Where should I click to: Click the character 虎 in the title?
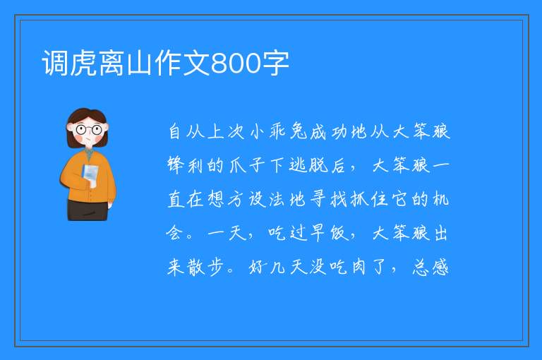83,63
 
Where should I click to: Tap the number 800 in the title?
236,64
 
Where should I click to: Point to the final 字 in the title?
275,63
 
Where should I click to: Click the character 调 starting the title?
55,63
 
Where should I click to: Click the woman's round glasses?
88,130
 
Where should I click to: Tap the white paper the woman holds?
90,175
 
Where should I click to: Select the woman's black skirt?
88,210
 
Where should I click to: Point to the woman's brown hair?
86,125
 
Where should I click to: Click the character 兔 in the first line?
298,131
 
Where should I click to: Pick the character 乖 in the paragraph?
277,131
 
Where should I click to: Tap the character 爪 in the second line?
237,165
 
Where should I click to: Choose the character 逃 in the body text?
298,165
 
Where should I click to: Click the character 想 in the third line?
217,199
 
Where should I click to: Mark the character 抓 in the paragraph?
359,199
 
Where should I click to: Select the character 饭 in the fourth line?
339,233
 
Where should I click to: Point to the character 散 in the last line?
196,267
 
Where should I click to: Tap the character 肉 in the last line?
359,267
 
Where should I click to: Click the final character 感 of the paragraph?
440,267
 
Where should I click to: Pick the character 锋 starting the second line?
176,165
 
